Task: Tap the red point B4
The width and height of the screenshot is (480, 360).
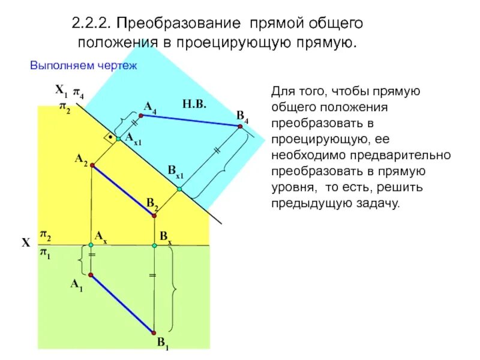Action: (x=239, y=126)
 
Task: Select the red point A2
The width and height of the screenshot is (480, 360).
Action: (x=91, y=165)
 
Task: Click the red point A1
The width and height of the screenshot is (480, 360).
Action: (x=91, y=275)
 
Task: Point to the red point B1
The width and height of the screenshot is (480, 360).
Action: (x=154, y=331)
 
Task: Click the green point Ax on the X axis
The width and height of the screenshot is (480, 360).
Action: (x=91, y=245)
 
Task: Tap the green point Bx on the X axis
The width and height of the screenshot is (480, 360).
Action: (x=154, y=245)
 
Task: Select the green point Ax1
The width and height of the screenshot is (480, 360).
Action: (x=119, y=139)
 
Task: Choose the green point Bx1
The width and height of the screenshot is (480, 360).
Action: (x=179, y=189)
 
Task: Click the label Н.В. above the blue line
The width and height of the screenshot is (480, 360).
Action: (x=194, y=104)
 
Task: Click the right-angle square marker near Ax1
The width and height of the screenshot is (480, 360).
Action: (x=110, y=138)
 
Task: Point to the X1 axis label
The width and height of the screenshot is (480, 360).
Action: (x=61, y=91)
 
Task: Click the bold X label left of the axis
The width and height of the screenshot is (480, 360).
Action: (x=26, y=243)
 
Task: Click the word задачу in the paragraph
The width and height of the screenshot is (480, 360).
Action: (x=377, y=203)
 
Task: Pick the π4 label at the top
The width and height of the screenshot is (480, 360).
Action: (x=79, y=92)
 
